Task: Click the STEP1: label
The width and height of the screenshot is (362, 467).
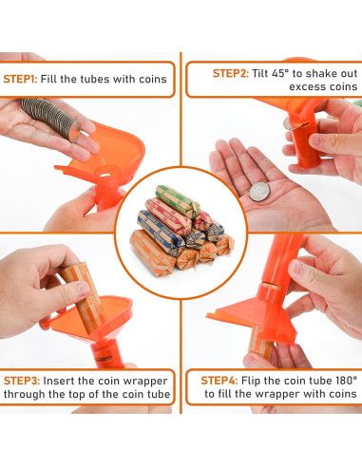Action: click(20, 79)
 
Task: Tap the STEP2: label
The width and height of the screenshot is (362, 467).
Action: click(230, 73)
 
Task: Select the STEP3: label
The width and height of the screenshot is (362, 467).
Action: click(22, 381)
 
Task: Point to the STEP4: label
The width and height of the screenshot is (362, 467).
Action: click(219, 381)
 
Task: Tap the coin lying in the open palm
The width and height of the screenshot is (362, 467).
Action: click(259, 192)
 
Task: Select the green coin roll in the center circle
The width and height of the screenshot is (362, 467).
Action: click(178, 201)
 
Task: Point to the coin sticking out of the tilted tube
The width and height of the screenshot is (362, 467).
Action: click(292, 123)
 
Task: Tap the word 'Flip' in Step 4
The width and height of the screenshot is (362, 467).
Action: click(251, 381)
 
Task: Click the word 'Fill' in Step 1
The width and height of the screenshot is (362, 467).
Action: click(48, 79)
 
